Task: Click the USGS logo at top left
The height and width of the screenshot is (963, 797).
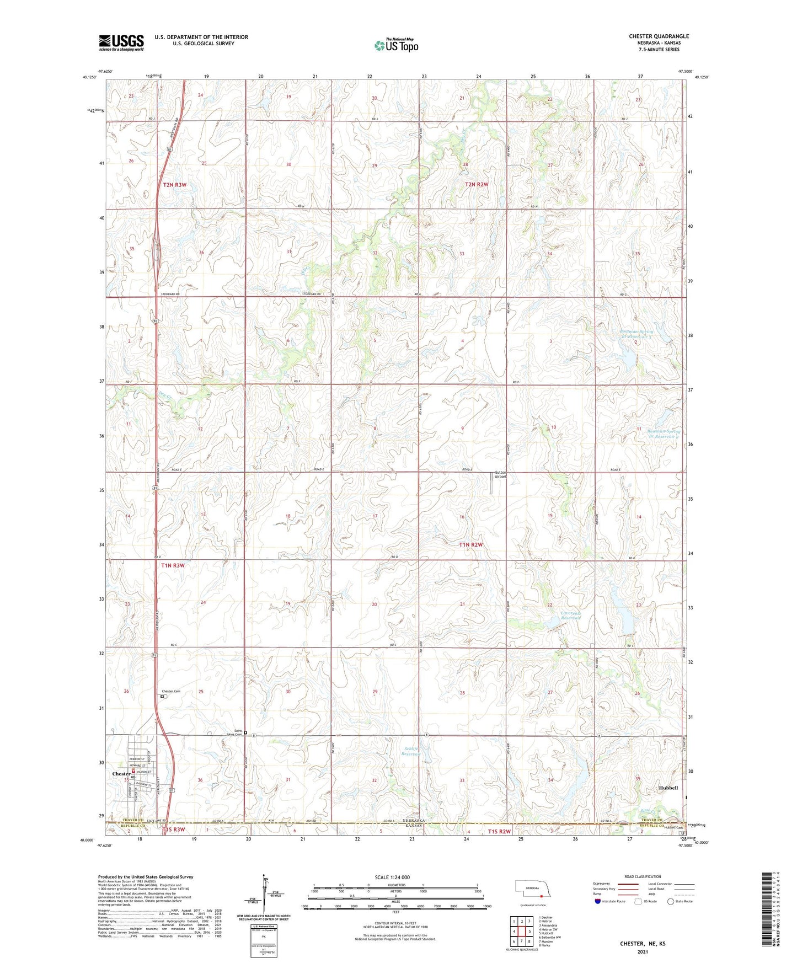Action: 121,42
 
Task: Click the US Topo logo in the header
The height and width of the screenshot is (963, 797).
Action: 395,45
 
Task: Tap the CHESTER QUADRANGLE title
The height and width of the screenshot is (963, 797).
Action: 659,36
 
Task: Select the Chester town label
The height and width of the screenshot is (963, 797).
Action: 121,774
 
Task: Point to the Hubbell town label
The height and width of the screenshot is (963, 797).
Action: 668,788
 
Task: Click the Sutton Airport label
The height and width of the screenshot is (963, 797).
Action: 500,474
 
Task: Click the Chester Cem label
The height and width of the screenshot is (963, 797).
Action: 171,692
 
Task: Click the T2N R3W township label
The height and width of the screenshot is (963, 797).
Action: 175,185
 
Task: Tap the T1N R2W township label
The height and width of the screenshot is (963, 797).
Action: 470,544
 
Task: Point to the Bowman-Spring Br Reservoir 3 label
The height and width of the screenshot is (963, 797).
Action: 637,334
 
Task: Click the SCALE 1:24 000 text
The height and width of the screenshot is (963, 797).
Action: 392,878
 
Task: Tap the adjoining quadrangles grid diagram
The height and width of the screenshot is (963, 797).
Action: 521,932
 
